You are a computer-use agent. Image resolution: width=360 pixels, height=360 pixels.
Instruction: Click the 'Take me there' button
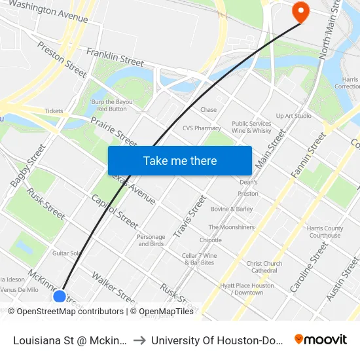pyautogui.click(x=180, y=160)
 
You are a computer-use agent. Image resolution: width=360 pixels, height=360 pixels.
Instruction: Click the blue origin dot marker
pyautogui.click(x=60, y=297)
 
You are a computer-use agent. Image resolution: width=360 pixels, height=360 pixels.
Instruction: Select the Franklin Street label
pyautogui.click(x=115, y=57)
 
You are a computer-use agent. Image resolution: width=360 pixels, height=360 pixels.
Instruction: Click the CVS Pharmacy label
pyautogui.click(x=202, y=128)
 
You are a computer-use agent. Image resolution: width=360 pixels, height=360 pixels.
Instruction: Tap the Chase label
pyautogui.click(x=208, y=110)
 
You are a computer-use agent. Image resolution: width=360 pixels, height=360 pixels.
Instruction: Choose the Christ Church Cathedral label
pyautogui.click(x=264, y=267)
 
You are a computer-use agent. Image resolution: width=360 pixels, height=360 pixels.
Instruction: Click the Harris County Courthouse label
pyautogui.click(x=324, y=232)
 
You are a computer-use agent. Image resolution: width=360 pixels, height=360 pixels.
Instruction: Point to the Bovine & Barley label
pyautogui.click(x=232, y=209)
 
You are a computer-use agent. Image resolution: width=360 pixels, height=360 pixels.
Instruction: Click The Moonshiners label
pyautogui.click(x=231, y=227)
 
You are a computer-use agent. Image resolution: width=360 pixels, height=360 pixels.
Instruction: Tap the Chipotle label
pyautogui.click(x=210, y=240)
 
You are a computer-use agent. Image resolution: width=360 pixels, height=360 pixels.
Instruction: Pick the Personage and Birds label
pyautogui.click(x=151, y=240)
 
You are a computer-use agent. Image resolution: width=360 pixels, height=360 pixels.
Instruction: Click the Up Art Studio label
pyautogui.click(x=293, y=116)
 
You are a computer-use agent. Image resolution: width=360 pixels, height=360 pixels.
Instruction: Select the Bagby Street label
pyautogui.click(x=20, y=168)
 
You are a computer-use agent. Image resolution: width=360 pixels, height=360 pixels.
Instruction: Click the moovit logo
pyautogui.click(x=321, y=339)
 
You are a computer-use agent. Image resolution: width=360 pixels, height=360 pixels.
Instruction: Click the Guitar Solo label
pyautogui.click(x=66, y=253)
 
